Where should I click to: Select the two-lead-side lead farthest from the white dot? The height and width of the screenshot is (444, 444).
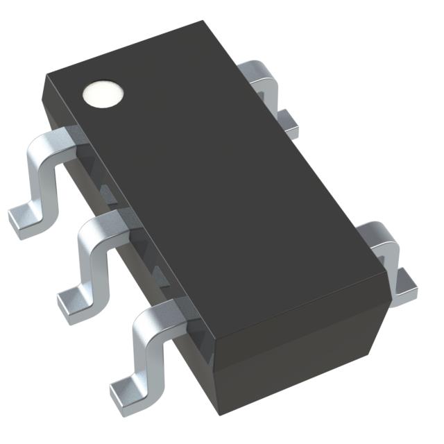tap(388, 257)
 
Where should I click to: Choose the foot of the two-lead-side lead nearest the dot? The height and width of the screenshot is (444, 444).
tap(289, 123)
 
